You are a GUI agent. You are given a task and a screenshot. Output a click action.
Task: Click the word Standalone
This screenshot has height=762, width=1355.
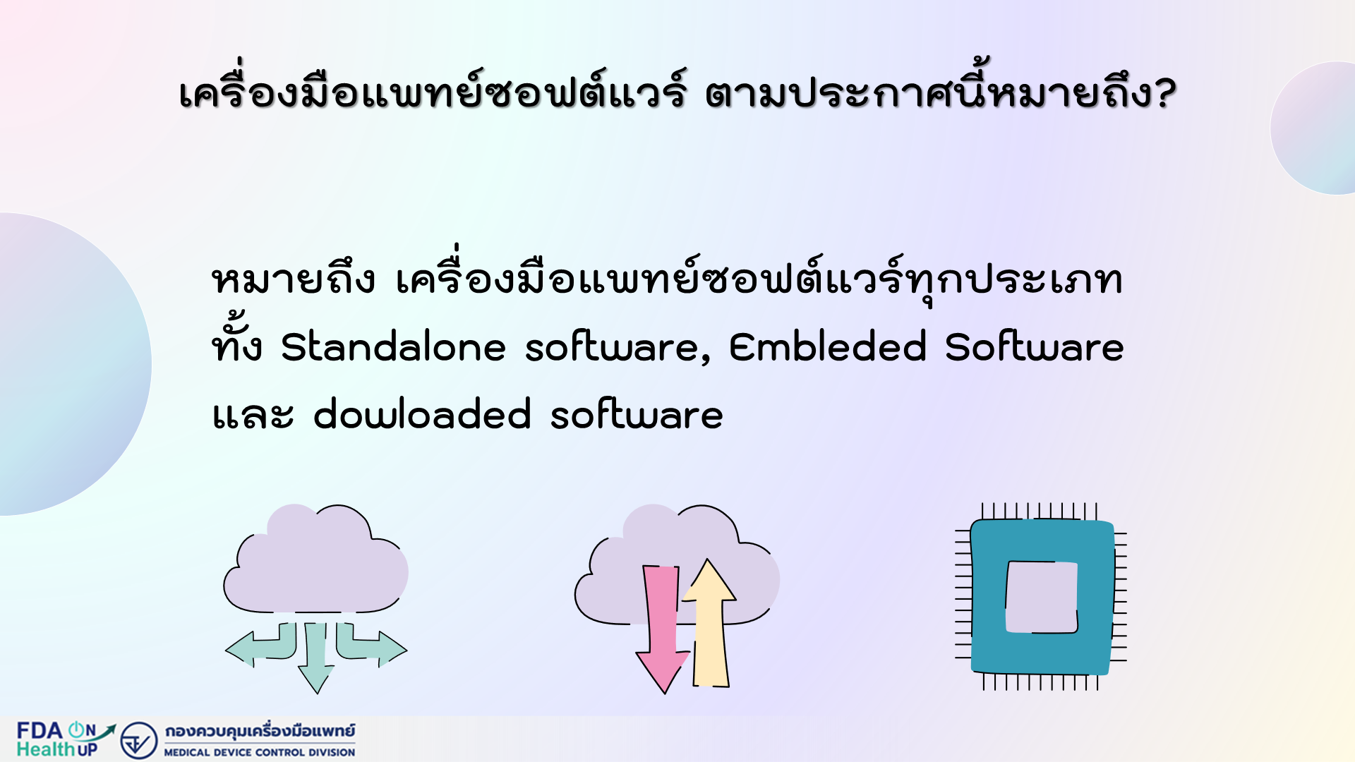click(394, 347)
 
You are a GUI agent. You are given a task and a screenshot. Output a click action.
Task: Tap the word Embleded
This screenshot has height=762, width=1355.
click(828, 347)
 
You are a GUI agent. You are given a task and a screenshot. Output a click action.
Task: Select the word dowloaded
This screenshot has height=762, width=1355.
click(422, 414)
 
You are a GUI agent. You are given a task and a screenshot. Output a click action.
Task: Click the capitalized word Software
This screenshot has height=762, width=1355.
click(1035, 347)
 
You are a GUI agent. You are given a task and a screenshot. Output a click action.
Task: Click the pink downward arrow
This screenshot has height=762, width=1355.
click(663, 628)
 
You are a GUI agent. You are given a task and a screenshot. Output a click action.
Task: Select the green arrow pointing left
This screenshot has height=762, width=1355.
click(261, 645)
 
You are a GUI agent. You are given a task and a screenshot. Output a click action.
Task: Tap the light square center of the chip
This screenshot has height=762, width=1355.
click(1042, 597)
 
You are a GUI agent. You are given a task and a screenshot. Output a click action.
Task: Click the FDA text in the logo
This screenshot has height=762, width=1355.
click(40, 730)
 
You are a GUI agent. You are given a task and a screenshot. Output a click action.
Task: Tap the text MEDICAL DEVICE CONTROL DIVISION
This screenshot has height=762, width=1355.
click(260, 752)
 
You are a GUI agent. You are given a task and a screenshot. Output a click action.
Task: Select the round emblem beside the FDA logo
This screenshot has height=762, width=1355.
click(138, 740)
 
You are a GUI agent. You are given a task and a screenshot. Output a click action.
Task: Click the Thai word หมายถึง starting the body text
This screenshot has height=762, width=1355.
click(294, 279)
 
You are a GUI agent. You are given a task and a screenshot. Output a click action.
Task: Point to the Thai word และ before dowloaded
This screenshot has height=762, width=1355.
click(253, 415)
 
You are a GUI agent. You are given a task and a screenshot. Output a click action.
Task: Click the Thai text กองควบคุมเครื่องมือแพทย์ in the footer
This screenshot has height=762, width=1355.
click(260, 731)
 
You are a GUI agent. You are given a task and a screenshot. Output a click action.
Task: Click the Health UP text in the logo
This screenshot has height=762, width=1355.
click(56, 749)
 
